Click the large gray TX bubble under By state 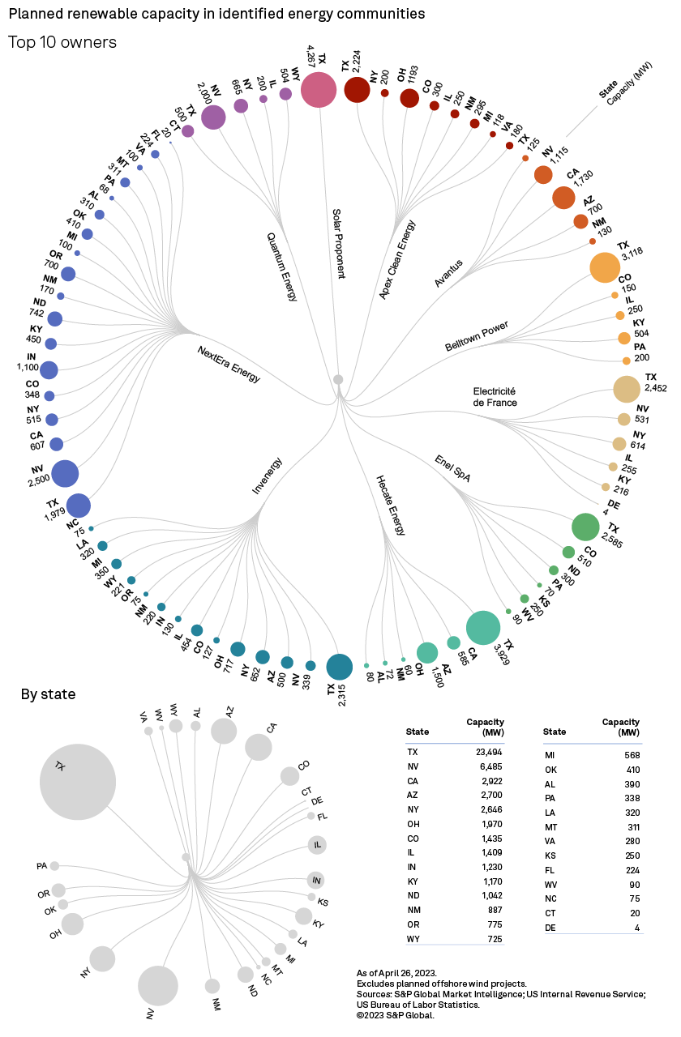click(78, 782)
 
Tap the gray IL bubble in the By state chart click(316, 845)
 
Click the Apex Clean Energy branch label click(397, 260)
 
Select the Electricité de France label click(495, 396)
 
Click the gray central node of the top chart click(338, 379)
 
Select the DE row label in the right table click(549, 927)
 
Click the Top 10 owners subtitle click(62, 42)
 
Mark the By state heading click(48, 694)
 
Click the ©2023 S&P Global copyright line click(396, 1015)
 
